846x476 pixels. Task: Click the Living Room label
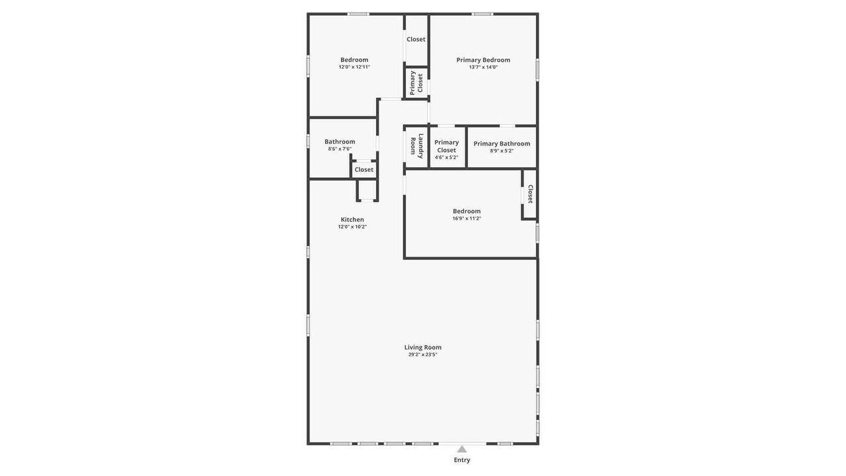[422, 347]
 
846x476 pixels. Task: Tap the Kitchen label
[352, 219]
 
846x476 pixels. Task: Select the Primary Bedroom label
[483, 59]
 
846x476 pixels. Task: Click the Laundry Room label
[417, 146]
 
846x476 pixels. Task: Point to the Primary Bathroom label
[502, 143]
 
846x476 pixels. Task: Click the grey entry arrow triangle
[461, 449]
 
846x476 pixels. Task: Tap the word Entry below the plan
[462, 459]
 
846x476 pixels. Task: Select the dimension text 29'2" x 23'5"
[422, 354]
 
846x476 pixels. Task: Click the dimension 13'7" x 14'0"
[483, 67]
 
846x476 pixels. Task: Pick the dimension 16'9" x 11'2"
[467, 218]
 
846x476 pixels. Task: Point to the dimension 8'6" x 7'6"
[340, 149]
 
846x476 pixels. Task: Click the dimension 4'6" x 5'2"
[446, 157]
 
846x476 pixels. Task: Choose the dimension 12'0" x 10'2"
[352, 227]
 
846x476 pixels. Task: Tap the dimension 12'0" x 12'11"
[354, 67]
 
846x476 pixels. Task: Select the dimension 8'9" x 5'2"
[502, 151]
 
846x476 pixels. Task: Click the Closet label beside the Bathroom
[364, 170]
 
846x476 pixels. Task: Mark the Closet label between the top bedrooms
[416, 39]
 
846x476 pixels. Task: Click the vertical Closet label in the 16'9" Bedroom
[530, 194]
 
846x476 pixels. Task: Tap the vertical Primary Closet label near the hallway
[416, 83]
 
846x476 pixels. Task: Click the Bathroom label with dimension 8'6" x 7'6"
[340, 141]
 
